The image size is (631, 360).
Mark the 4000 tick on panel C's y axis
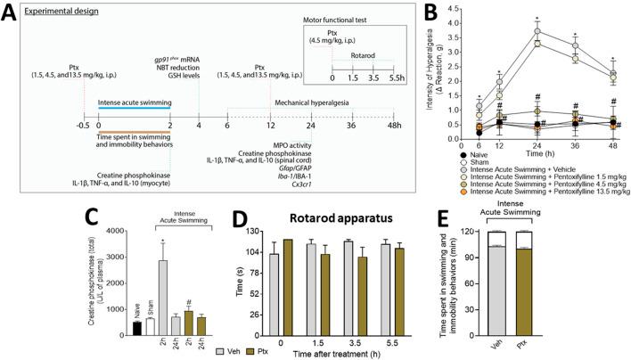[26, 231]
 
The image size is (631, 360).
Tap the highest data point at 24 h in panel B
[537, 31]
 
